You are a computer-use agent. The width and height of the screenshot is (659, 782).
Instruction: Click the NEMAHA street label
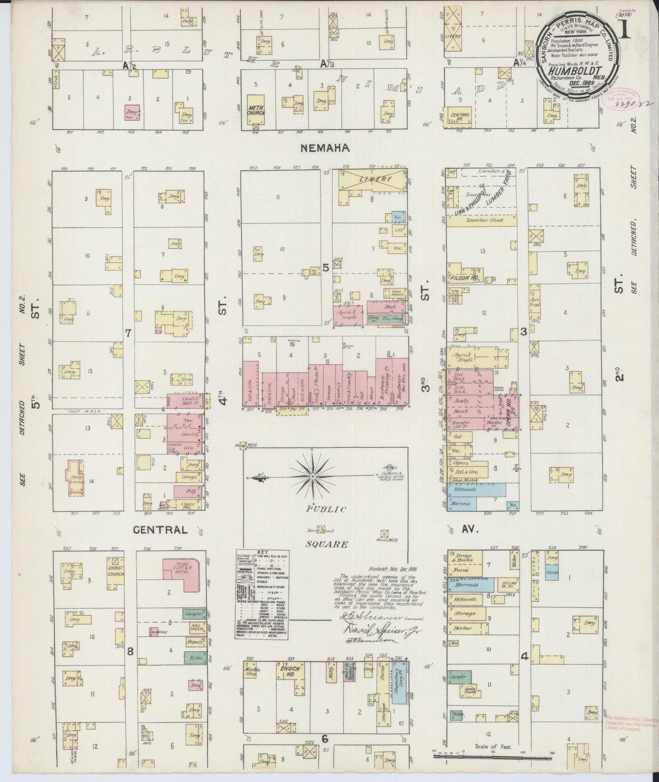tap(325, 148)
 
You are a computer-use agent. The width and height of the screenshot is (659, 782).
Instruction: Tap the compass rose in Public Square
tap(313, 476)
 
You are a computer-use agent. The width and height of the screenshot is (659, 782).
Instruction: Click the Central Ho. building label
tap(460, 115)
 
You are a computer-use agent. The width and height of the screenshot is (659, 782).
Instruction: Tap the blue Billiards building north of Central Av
tap(476, 489)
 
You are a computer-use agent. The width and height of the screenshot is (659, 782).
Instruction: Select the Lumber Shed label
tap(481, 220)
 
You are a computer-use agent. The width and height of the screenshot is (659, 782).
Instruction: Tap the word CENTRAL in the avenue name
tap(160, 530)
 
